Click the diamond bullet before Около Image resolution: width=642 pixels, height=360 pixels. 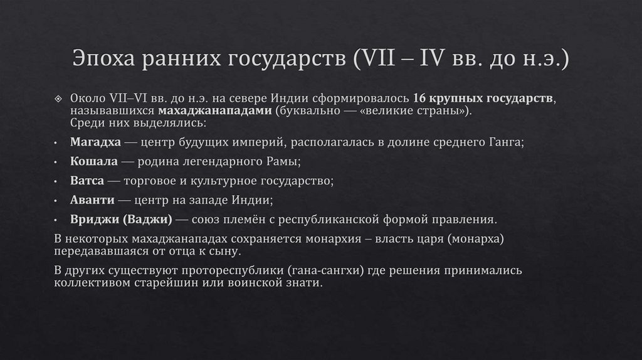point(58,100)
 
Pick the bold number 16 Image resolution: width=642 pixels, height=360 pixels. point(420,100)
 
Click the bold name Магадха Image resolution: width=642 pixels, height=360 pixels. point(96,142)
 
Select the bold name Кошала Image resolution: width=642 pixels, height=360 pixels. point(94,162)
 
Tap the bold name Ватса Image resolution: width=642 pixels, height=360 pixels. point(88,181)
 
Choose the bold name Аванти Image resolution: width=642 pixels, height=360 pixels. point(92,201)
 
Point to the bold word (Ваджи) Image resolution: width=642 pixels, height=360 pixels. point(148,220)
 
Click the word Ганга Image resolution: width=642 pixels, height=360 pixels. point(505,142)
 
